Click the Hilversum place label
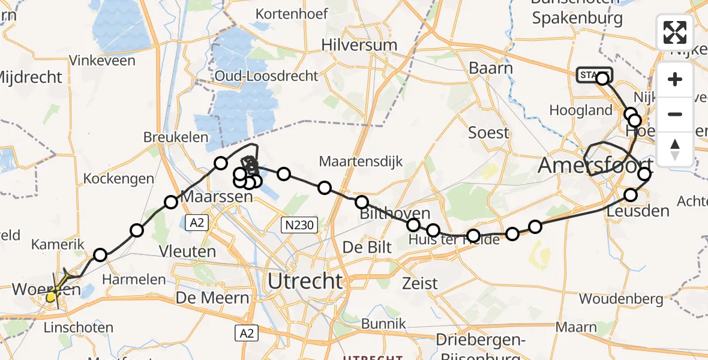pos(359,45)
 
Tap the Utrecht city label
pos(305,280)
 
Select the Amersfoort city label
pos(595,165)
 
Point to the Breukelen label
pos(175,137)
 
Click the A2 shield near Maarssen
pos(196,223)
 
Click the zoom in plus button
pos(675,80)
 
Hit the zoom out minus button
pos(675,114)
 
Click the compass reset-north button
pos(675,149)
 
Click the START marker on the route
pos(593,75)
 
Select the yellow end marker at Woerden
pos(51,296)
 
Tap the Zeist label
pos(421,283)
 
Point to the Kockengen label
pos(118,179)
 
